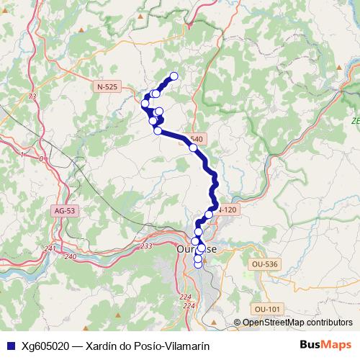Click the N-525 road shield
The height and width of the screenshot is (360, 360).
point(107,86)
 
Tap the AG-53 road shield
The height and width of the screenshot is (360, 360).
point(63,211)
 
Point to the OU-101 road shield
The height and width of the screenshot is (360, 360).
point(266,309)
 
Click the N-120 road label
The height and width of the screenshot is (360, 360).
point(227,210)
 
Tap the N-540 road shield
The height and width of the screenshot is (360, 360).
point(197,139)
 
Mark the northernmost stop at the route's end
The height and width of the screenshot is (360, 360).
point(174,76)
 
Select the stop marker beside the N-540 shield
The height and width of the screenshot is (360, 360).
point(193,148)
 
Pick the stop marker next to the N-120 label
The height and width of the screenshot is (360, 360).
point(209,215)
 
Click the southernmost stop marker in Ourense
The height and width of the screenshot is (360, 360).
point(199,264)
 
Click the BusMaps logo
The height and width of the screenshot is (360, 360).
point(325,345)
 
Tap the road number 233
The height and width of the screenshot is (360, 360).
point(146,246)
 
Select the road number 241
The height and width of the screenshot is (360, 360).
point(50,248)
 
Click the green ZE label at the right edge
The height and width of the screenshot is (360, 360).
point(355,121)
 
